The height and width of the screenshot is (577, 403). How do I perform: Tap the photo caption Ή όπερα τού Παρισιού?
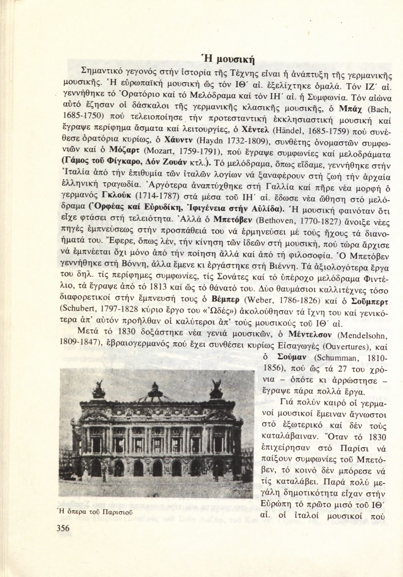tap(95, 512)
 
